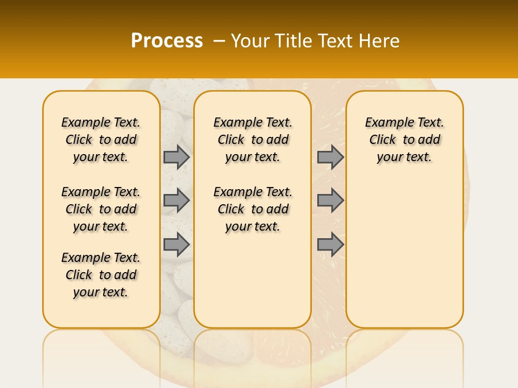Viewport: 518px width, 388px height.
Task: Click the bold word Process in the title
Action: pos(167,41)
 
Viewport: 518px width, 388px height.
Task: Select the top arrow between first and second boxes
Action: pos(176,157)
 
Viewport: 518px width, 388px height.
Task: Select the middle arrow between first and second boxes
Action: pos(176,200)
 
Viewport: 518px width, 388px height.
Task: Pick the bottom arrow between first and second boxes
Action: pos(176,245)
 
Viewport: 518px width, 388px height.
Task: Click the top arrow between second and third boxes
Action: pos(330,157)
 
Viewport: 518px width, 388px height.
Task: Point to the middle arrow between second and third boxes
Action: pos(330,200)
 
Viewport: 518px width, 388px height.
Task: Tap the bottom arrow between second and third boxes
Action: pos(330,245)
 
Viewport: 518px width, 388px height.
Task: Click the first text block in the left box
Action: pos(101,140)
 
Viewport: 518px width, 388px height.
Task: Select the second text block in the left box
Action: pos(101,209)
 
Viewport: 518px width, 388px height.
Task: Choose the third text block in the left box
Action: pos(101,275)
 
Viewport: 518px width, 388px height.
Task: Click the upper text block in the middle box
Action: pos(253,140)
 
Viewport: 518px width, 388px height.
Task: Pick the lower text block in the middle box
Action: pos(253,209)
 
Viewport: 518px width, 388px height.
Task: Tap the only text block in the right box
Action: pos(404,140)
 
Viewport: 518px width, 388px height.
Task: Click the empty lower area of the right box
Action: pos(404,253)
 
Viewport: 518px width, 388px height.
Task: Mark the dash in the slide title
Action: pos(219,41)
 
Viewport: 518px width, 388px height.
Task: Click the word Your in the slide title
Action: pos(250,41)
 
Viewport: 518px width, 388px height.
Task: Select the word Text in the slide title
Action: pos(335,41)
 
